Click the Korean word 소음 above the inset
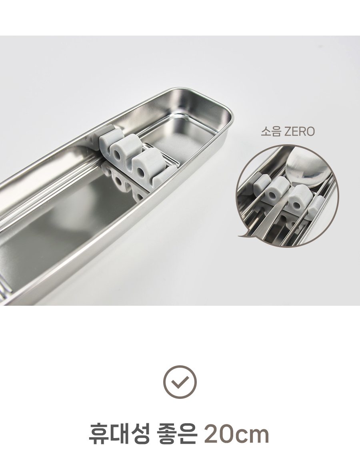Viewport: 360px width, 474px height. click(270, 132)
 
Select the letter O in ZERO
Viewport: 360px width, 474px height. click(310, 132)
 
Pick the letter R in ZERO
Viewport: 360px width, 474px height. click(302, 132)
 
